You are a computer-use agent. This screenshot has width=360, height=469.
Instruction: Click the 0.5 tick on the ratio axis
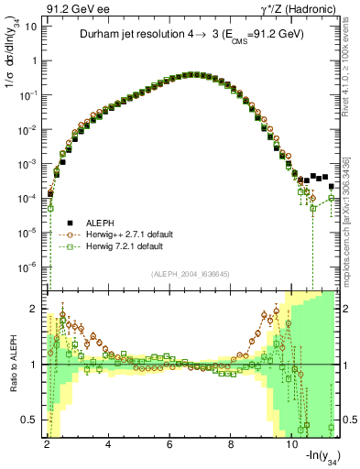[x=29, y=420]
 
